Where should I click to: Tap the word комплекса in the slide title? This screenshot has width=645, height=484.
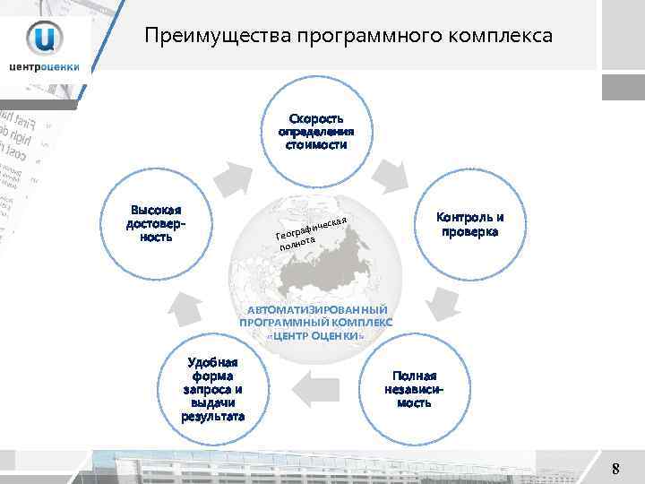506,37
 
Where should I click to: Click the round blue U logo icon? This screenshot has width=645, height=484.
44,38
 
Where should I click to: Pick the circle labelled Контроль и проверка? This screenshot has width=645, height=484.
469,225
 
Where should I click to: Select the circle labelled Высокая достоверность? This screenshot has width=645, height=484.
158,225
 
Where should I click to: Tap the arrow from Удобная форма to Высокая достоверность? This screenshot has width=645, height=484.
183,305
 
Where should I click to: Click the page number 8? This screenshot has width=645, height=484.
615,468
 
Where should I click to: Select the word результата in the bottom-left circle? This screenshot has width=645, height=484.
212,417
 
